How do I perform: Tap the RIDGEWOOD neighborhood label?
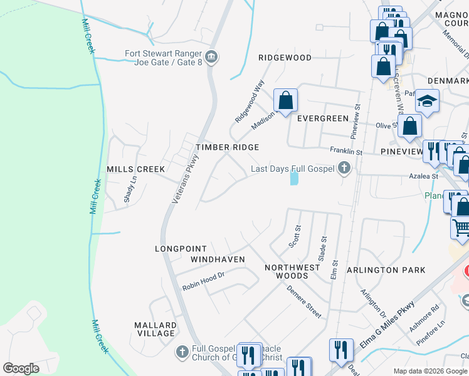pos(285,58)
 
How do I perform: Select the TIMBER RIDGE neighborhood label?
pos(227,147)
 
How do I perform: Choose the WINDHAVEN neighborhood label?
pos(218,259)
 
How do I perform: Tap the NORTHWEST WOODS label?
pos(292,271)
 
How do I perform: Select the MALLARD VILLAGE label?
pos(155,329)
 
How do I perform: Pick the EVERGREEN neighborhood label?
pos(322,118)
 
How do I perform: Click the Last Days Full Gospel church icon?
pos(344,167)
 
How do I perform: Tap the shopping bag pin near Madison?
pos(285,100)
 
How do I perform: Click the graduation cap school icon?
pos(428,102)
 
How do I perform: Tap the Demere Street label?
pos(304,301)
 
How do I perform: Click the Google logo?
pos(21,368)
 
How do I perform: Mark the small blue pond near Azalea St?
pos(293,179)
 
